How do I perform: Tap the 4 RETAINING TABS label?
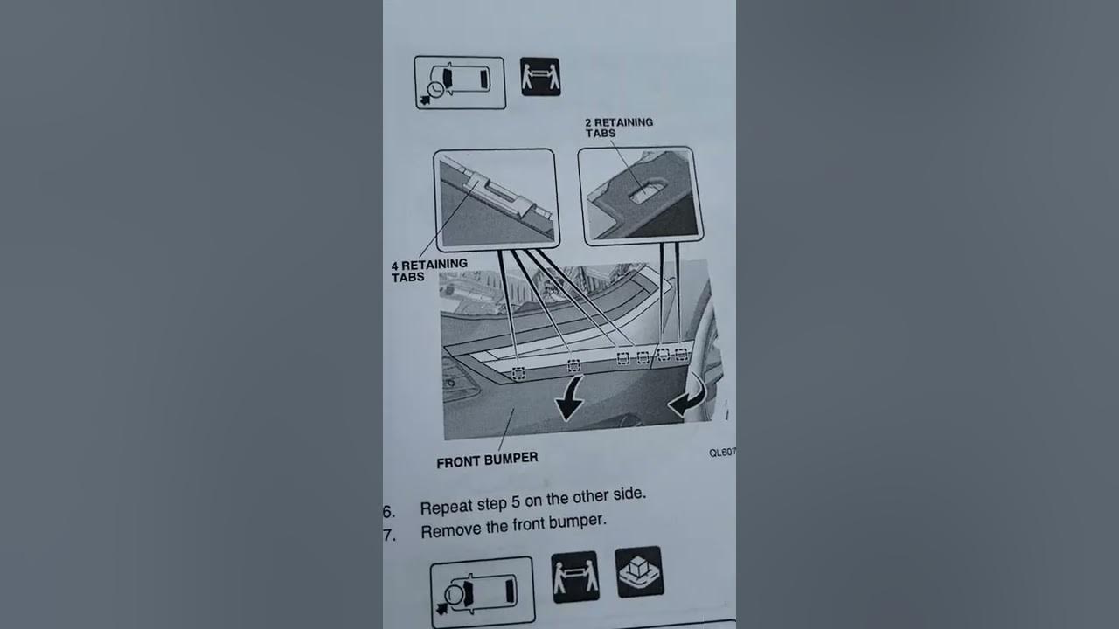tap(428, 270)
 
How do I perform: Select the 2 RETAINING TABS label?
tap(618, 128)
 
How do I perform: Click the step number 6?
tap(389, 512)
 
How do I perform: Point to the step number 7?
tap(389, 535)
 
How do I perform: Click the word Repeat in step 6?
tap(445, 507)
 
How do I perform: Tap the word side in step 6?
tap(627, 494)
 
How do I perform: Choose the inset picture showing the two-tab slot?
tap(640, 194)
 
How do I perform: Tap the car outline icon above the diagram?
tap(460, 83)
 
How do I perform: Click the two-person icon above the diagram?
tap(539, 77)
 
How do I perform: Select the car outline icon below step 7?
tap(482, 591)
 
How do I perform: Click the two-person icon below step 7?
tap(574, 577)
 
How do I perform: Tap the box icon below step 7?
tap(639, 572)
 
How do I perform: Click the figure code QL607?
tap(722, 453)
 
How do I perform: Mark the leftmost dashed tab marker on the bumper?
tap(518, 373)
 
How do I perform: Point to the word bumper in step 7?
tap(578, 522)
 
